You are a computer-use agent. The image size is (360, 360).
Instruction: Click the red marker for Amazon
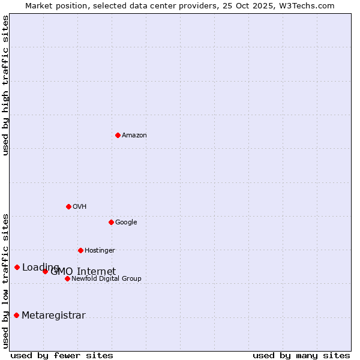click(x=118, y=135)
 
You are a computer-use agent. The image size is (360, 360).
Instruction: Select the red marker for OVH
click(x=68, y=206)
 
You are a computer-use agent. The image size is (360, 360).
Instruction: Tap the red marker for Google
click(x=111, y=222)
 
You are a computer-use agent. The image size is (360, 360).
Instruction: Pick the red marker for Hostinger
click(x=80, y=250)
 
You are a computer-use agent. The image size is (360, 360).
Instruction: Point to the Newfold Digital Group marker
click(x=67, y=278)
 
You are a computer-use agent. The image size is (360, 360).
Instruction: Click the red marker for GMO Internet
click(x=45, y=271)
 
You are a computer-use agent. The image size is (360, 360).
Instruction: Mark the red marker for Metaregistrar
click(x=16, y=315)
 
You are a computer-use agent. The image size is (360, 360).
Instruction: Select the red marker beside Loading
click(x=17, y=267)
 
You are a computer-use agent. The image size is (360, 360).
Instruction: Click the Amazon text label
click(x=134, y=135)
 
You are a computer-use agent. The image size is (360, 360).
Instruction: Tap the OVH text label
click(x=80, y=206)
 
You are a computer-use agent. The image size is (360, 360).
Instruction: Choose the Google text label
click(x=126, y=222)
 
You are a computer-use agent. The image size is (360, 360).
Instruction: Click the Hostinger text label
click(x=100, y=250)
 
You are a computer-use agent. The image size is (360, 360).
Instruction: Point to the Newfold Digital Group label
click(x=106, y=278)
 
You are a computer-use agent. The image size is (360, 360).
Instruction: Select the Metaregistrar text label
click(x=53, y=316)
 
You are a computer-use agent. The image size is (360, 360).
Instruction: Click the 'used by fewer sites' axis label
click(x=62, y=355)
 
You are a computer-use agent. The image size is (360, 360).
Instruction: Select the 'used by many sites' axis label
click(x=301, y=355)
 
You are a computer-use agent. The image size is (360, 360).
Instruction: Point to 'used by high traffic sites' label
click(x=5, y=85)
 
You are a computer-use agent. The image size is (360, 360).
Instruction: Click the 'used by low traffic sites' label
click(x=5, y=281)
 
